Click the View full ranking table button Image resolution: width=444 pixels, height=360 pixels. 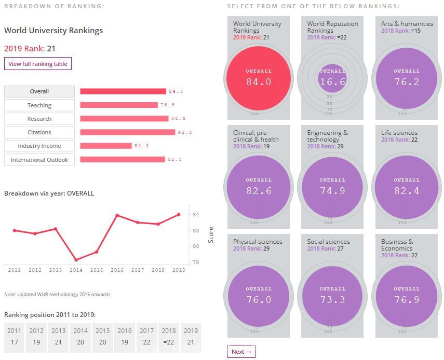click(x=38, y=64)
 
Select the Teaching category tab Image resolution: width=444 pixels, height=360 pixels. click(x=39, y=105)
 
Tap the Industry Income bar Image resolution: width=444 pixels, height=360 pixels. click(x=106, y=146)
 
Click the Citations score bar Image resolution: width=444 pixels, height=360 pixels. click(x=127, y=132)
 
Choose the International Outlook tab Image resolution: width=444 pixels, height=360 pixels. click(x=39, y=160)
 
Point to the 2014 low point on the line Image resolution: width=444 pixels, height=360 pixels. click(x=76, y=260)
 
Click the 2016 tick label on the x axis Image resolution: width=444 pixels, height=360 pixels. click(x=117, y=270)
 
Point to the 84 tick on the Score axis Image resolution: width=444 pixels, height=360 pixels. click(x=196, y=215)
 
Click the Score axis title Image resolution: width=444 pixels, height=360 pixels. click(x=211, y=235)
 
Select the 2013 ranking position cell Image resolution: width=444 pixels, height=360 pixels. click(x=59, y=338)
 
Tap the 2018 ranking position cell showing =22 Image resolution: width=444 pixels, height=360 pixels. click(x=168, y=338)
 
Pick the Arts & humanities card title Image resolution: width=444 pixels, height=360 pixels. click(x=407, y=24)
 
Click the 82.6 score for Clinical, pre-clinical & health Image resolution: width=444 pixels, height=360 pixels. click(x=259, y=190)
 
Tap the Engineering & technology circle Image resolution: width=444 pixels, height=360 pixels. click(x=332, y=187)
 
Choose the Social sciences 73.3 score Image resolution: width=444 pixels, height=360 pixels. click(x=332, y=299)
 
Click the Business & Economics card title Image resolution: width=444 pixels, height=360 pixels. click(x=397, y=245)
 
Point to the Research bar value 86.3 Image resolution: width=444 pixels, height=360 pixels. click(x=178, y=119)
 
